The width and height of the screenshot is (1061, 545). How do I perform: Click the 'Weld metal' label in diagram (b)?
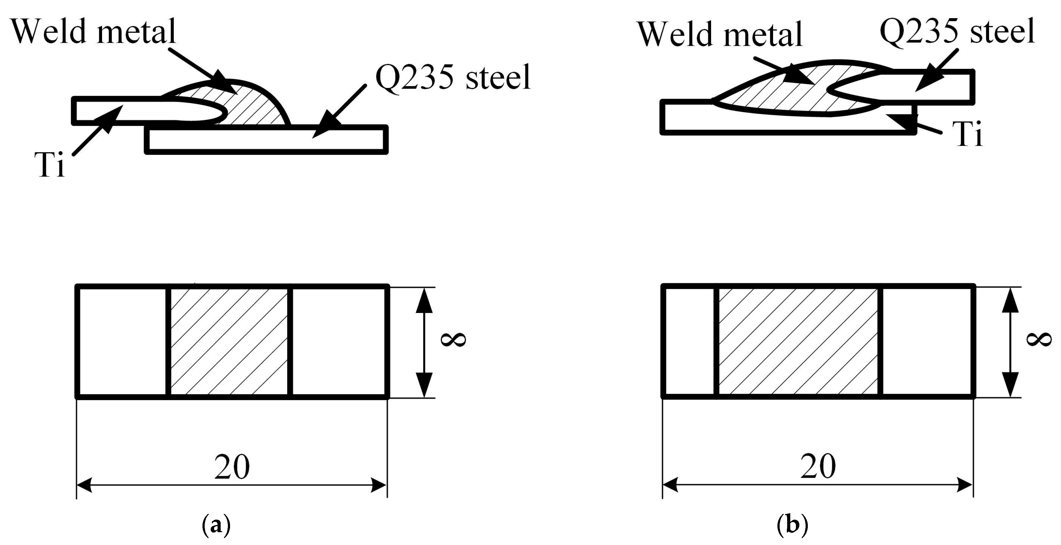(x=720, y=34)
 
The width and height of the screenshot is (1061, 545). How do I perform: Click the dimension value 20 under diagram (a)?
(x=232, y=467)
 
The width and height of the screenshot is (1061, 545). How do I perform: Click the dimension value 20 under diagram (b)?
(x=818, y=466)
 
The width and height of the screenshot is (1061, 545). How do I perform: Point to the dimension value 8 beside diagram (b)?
(x=1039, y=340)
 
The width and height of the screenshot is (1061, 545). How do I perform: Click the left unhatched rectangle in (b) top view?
(x=690, y=341)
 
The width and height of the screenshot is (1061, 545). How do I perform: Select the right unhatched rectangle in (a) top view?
(x=339, y=341)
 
